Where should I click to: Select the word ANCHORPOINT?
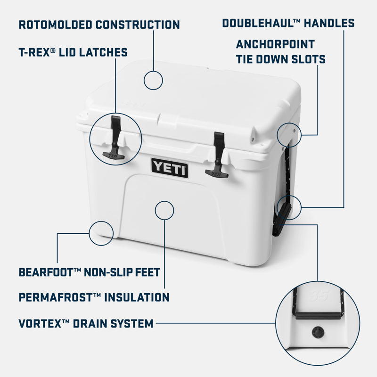click(275, 45)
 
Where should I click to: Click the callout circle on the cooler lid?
click(154, 80)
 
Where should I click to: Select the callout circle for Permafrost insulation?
click(164, 210)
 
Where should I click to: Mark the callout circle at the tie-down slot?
click(288, 134)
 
